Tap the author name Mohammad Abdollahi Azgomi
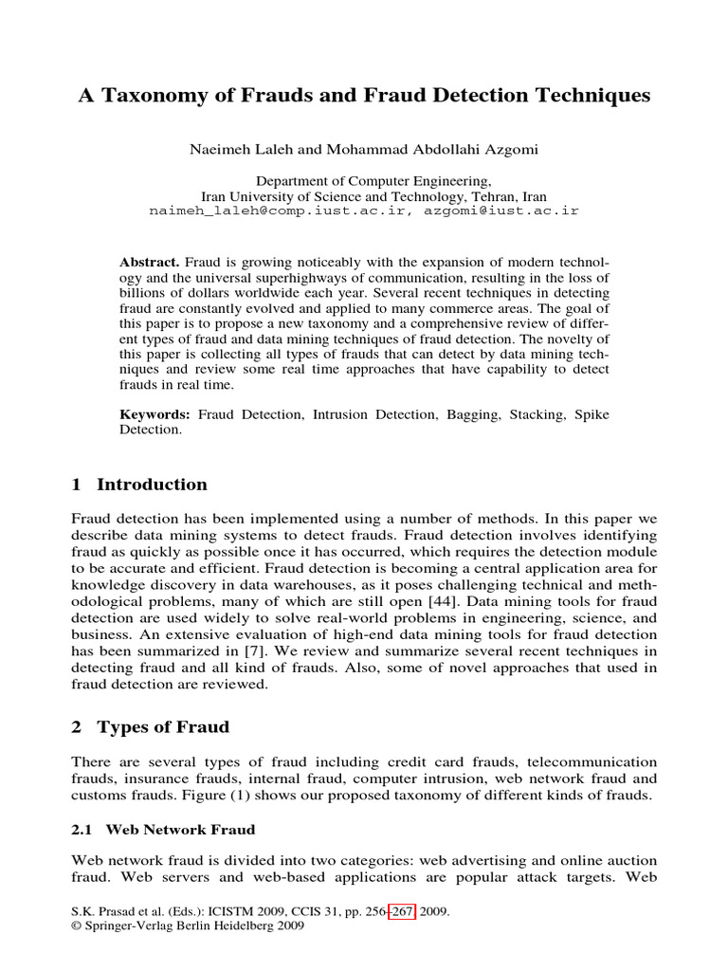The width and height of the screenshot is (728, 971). tap(414, 150)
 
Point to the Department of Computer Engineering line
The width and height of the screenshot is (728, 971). tap(363, 180)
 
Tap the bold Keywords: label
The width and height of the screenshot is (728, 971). tap(155, 414)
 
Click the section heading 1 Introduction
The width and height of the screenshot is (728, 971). tap(139, 485)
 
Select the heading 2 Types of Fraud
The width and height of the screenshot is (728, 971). tap(151, 727)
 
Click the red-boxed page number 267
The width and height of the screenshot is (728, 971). tap(399, 911)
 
